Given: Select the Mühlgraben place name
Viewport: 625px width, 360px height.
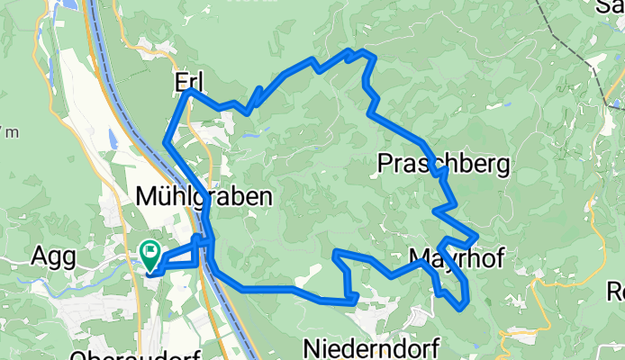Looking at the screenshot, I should coord(204,195).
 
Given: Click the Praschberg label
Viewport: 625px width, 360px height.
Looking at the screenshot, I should coord(444,165).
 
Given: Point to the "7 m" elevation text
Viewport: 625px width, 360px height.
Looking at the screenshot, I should coord(8,133).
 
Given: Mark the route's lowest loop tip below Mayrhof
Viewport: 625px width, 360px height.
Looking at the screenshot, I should coord(462,307).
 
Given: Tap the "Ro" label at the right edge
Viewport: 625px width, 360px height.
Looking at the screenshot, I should coord(616,292).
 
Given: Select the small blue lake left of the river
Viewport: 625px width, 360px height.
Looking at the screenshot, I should coord(112,139).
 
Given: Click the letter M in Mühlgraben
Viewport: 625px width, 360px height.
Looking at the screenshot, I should coord(147,195).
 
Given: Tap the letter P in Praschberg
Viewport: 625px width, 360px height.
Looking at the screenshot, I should coord(385,165).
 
